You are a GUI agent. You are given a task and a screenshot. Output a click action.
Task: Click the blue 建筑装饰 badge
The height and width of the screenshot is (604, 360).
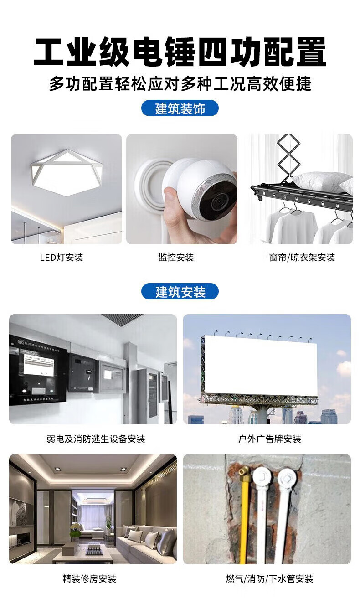click(x=180, y=108)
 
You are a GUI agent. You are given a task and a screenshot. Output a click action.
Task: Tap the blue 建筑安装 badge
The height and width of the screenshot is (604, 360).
click(x=180, y=291)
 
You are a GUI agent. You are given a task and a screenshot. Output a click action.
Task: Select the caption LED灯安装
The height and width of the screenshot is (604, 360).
click(x=62, y=258)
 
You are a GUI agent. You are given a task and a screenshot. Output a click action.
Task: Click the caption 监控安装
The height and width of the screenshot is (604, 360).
click(x=176, y=258)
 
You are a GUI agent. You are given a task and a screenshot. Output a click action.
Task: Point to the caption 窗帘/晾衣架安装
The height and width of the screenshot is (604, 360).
click(x=302, y=258)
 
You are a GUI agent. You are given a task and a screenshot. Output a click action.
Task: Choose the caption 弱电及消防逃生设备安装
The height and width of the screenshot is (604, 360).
click(x=96, y=439)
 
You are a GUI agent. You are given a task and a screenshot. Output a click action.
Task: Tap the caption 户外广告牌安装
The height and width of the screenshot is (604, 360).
click(x=269, y=439)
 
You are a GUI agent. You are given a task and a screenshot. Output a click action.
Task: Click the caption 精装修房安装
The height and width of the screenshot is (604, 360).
click(x=89, y=578)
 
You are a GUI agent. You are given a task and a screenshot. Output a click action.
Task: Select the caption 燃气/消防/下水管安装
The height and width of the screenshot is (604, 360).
click(x=269, y=578)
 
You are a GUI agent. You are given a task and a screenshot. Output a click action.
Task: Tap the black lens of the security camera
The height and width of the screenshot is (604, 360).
click(x=217, y=200)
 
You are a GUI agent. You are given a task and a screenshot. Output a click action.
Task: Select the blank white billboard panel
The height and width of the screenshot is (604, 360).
click(x=261, y=366)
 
